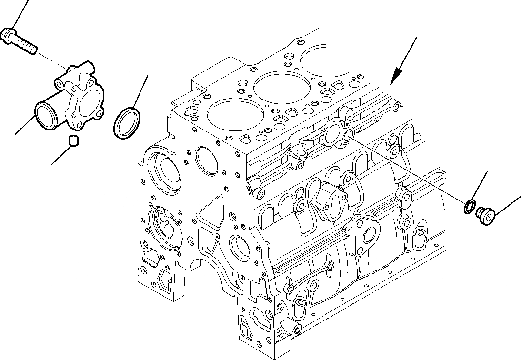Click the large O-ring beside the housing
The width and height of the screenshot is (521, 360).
tap(126, 123)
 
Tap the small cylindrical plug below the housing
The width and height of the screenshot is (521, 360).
tap(73, 140)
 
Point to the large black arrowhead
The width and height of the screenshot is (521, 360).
tap(397, 76)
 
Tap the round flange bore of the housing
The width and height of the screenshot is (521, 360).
tap(90, 104)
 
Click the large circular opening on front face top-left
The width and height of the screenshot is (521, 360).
tap(164, 169)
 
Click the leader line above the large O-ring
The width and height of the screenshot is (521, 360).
tap(140, 91)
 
